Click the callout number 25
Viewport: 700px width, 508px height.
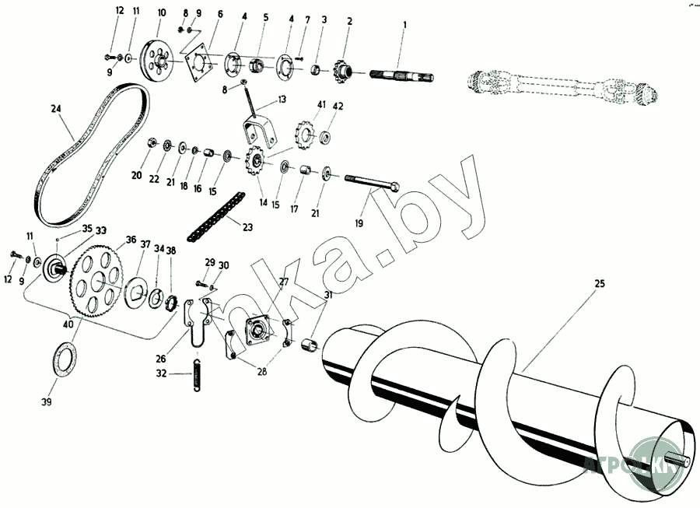pyautogui.click(x=599, y=284)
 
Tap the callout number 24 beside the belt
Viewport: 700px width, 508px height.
pyautogui.click(x=55, y=110)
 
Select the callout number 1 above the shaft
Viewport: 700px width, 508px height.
pyautogui.click(x=404, y=26)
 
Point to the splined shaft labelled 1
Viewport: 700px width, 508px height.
pyautogui.click(x=401, y=77)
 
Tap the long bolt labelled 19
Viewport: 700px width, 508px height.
pyautogui.click(x=370, y=185)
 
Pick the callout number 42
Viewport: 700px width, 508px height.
pyautogui.click(x=338, y=106)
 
